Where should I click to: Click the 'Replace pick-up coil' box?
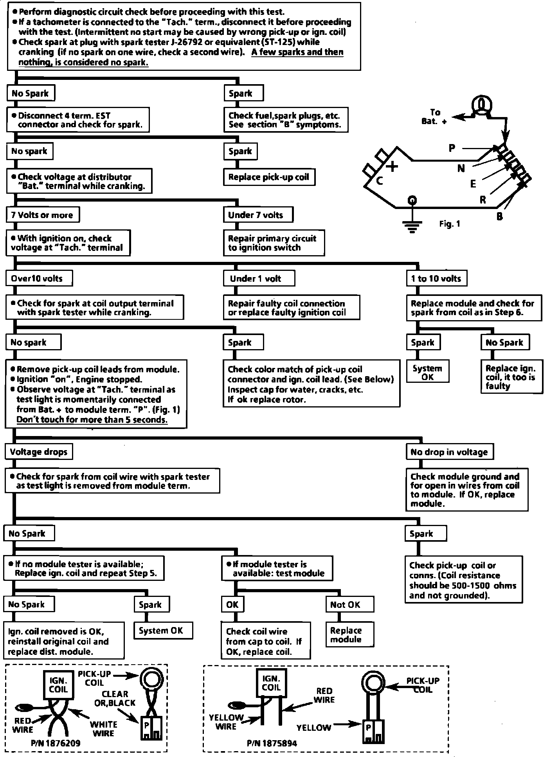[x=269, y=177]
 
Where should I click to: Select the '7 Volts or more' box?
[x=42, y=215]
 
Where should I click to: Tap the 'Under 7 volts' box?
[x=258, y=215]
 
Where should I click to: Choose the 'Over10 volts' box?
[x=39, y=279]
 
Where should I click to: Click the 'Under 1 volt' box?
[x=259, y=279]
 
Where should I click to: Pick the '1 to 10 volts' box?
[x=436, y=279]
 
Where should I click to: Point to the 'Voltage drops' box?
[x=39, y=452]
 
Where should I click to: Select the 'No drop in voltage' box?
[x=449, y=452]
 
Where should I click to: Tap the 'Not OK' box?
[x=349, y=605]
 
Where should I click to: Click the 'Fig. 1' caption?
[x=450, y=224]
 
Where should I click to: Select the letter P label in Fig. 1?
[x=452, y=148]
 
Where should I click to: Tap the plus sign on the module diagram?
[x=392, y=167]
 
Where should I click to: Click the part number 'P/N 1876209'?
[x=55, y=743]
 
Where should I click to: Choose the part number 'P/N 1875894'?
[x=272, y=743]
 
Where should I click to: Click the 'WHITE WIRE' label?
[x=104, y=729]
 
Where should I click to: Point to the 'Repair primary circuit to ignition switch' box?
[x=274, y=243]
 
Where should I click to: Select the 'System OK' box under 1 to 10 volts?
[x=427, y=373]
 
